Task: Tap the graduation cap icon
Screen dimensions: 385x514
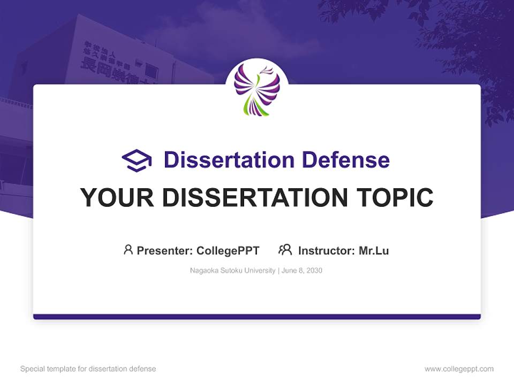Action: [137, 160]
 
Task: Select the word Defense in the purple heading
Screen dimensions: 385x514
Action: [345, 160]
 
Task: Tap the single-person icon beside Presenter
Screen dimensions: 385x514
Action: [128, 250]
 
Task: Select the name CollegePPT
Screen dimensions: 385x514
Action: [228, 250]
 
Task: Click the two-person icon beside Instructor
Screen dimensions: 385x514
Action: [285, 250]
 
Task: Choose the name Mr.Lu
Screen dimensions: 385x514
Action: [374, 250]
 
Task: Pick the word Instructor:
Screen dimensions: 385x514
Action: [327, 250]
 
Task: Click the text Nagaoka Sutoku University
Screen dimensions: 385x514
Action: [232, 271]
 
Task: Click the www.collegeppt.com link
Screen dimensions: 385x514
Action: [459, 369]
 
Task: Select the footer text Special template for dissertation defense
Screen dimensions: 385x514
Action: [88, 369]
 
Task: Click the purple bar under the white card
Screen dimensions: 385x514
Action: [257, 317]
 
